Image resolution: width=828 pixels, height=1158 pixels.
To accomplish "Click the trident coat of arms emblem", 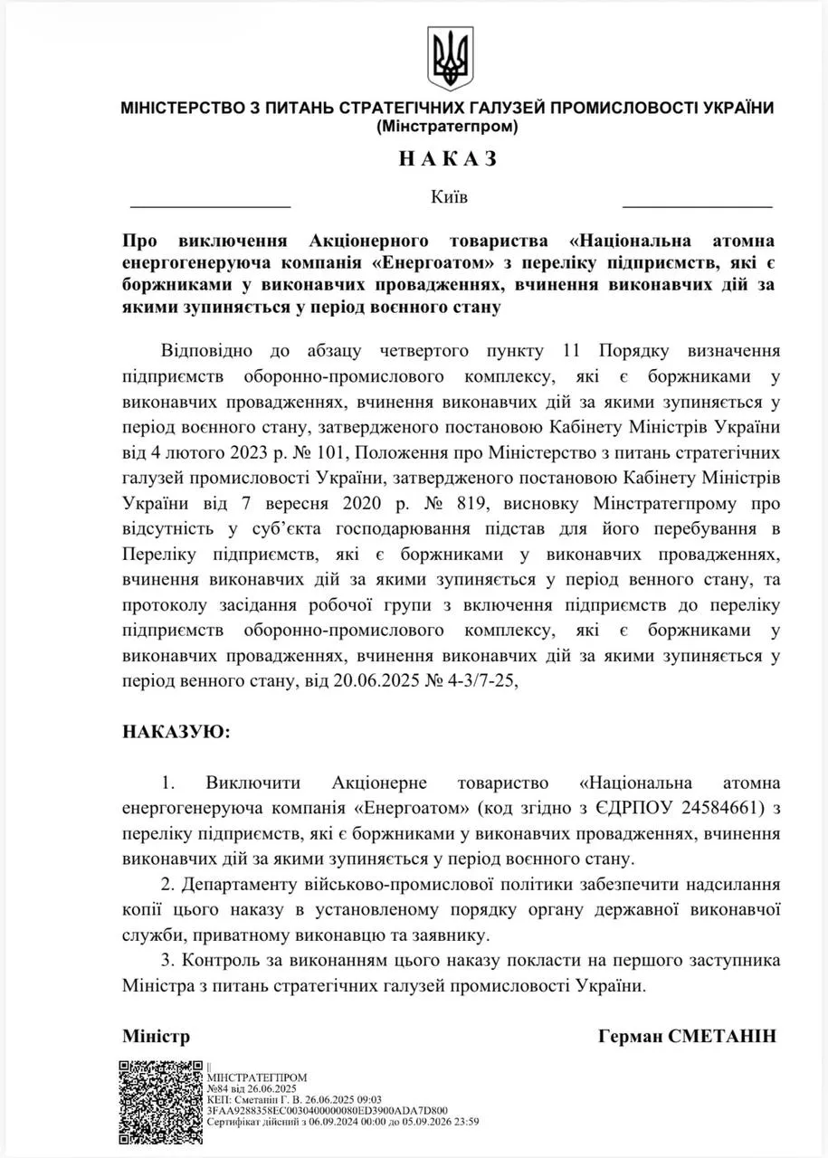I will click(448, 59).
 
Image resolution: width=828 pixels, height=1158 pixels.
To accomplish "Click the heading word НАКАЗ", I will click(447, 159).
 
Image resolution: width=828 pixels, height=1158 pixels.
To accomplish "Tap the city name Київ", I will click(450, 196).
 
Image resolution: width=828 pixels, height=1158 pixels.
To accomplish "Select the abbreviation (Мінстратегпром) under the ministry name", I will click(447, 127).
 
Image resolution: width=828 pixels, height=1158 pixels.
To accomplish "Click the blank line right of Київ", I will click(697, 206).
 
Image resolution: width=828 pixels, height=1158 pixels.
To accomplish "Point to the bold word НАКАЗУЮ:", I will click(176, 730).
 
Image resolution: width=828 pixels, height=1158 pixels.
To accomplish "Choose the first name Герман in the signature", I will click(630, 1036).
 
